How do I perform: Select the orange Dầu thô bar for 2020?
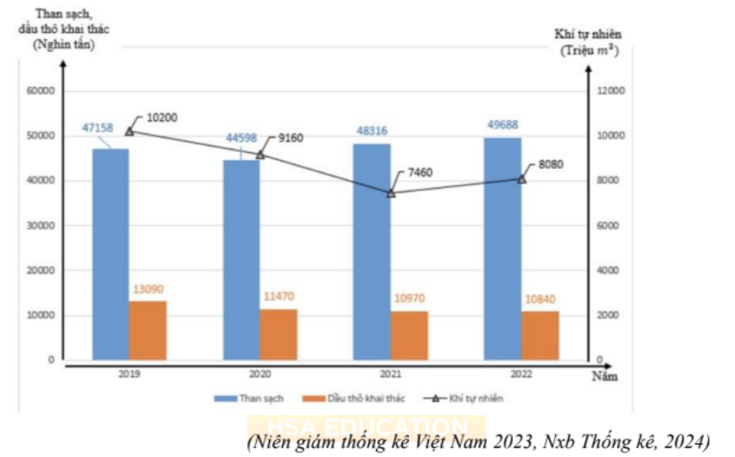point(278,334)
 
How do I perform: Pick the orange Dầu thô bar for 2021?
point(409,335)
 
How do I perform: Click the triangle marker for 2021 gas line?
point(391,193)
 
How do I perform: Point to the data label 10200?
point(163,118)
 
